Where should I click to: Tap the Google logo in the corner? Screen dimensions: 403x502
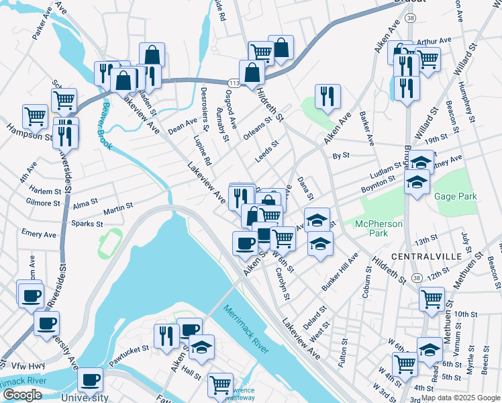point(22,395)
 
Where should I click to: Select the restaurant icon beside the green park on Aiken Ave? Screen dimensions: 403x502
point(328,96)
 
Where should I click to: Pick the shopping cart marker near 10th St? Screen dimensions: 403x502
point(432,299)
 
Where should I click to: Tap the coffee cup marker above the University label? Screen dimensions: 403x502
point(91,379)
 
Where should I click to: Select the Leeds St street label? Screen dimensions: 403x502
point(267,152)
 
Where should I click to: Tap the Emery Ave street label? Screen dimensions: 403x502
point(39,234)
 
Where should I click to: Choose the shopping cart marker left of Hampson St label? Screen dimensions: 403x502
point(35,116)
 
